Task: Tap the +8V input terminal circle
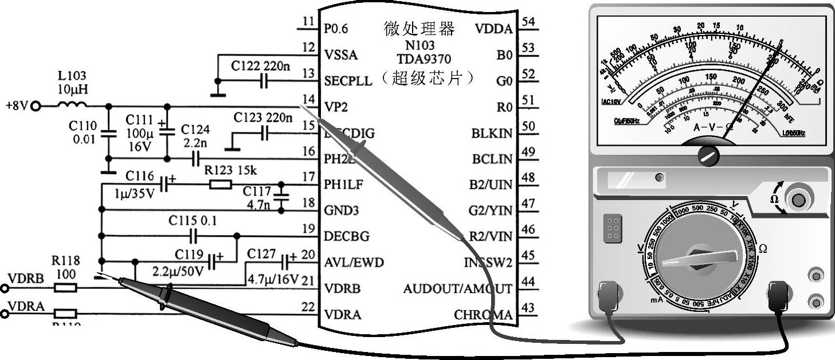[x=36, y=106]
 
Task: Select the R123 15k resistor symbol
[x=221, y=184]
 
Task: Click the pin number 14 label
[x=308, y=99]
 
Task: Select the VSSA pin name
[x=340, y=55]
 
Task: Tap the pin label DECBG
[x=347, y=236]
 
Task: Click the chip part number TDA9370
[x=424, y=59]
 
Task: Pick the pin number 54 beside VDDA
[x=528, y=22]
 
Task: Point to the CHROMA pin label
[x=483, y=315]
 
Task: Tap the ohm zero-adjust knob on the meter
[x=798, y=200]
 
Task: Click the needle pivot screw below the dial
[x=709, y=155]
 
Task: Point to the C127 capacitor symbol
[x=285, y=263]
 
